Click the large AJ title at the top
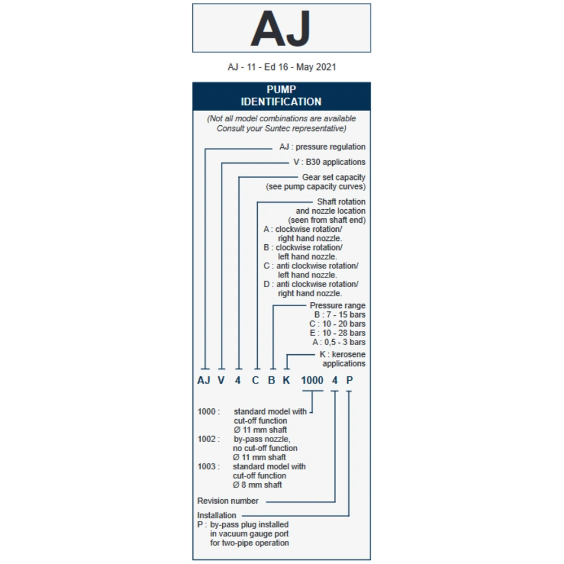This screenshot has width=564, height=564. pyautogui.click(x=281, y=29)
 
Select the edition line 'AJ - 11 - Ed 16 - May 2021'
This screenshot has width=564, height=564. pyautogui.click(x=281, y=67)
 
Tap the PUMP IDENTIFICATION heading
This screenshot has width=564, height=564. pyautogui.click(x=281, y=96)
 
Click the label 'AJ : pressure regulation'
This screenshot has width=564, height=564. pyautogui.click(x=322, y=147)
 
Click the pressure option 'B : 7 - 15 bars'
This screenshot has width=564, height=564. pyautogui.click(x=340, y=315)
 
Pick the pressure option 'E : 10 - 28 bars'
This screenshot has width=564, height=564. pyautogui.click(x=337, y=333)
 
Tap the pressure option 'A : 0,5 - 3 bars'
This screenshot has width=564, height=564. pyautogui.click(x=338, y=342)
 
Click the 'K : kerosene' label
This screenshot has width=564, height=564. pyautogui.click(x=342, y=354)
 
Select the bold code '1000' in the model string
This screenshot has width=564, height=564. pyautogui.click(x=312, y=380)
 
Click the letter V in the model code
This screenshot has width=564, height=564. pyautogui.click(x=221, y=380)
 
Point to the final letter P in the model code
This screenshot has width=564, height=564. pyautogui.click(x=349, y=380)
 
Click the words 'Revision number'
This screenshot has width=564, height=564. pyautogui.click(x=228, y=501)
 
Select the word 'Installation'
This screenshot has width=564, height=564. pyautogui.click(x=217, y=515)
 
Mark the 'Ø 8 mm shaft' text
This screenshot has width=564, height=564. pyautogui.click(x=258, y=484)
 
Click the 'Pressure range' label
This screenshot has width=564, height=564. pyautogui.click(x=337, y=306)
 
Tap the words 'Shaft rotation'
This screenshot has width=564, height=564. pyautogui.click(x=341, y=201)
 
